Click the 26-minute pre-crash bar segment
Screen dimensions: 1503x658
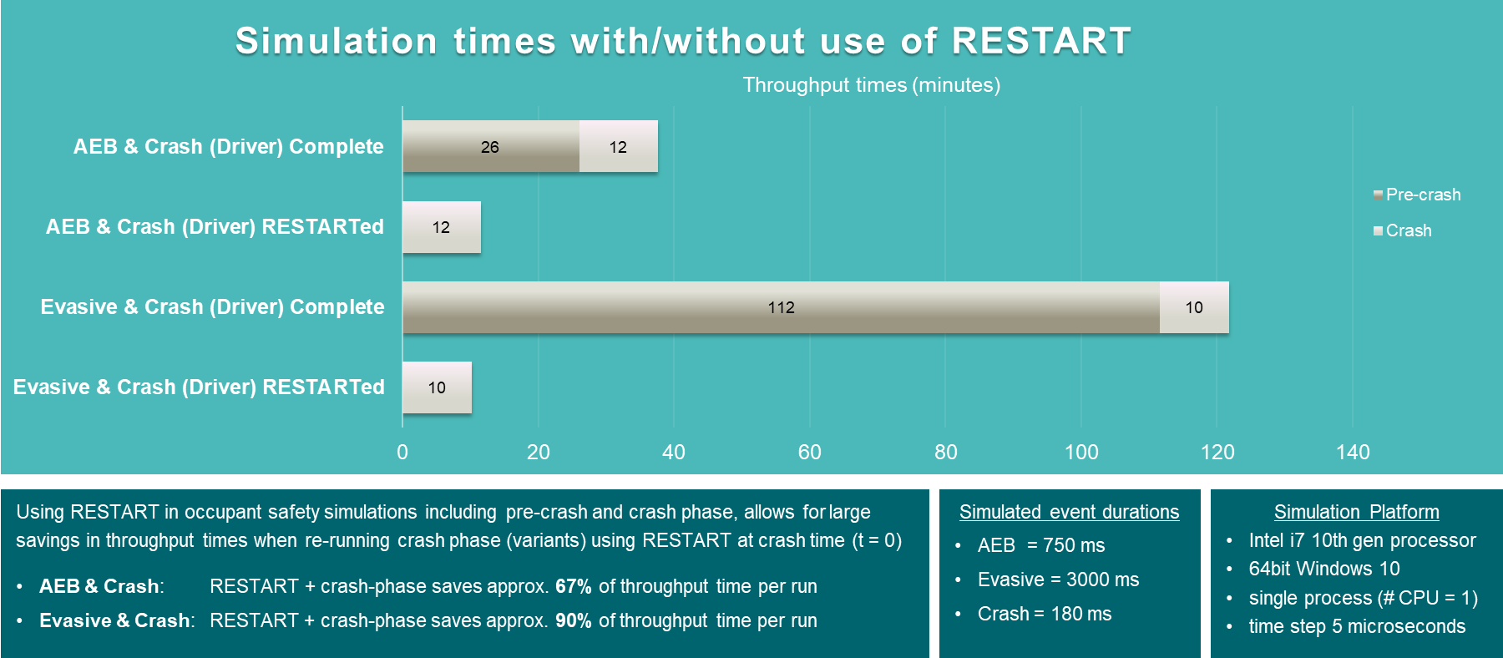click(x=491, y=146)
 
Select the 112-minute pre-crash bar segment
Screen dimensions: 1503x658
click(x=781, y=307)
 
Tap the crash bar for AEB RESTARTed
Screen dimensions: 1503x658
click(x=442, y=227)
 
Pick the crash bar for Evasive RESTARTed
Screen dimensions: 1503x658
click(x=437, y=387)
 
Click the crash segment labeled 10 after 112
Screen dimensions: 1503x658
click(x=1194, y=307)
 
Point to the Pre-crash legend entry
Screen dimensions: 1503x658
click(x=1417, y=195)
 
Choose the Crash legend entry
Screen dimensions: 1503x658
click(x=1403, y=230)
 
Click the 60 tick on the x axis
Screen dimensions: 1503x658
click(x=810, y=452)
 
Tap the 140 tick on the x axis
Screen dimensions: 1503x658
click(x=1353, y=452)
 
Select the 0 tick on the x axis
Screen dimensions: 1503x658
click(x=402, y=452)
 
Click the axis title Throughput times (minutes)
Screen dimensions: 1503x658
click(x=872, y=85)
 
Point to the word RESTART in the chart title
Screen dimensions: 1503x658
click(x=1041, y=41)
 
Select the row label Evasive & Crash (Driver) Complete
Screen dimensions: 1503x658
click(x=212, y=306)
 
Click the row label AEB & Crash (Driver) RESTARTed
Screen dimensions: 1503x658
click(x=215, y=226)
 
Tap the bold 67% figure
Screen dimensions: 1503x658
click(x=574, y=586)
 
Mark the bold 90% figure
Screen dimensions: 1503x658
click(x=574, y=620)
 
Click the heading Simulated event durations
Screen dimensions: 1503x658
click(x=1069, y=512)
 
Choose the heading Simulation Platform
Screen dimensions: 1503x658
click(x=1357, y=512)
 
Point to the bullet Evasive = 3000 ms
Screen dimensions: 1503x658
click(x=1058, y=580)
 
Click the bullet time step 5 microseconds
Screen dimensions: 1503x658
click(x=1357, y=626)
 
